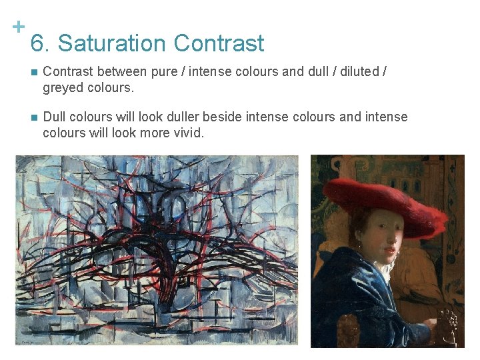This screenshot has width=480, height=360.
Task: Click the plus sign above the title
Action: click(x=19, y=27)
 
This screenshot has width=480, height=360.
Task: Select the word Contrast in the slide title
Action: click(x=219, y=44)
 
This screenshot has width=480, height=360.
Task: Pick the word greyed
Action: click(x=62, y=87)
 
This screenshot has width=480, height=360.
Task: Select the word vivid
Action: click(x=187, y=133)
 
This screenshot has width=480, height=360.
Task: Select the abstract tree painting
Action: click(x=157, y=251)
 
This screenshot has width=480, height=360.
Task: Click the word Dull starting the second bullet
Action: click(x=55, y=117)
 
